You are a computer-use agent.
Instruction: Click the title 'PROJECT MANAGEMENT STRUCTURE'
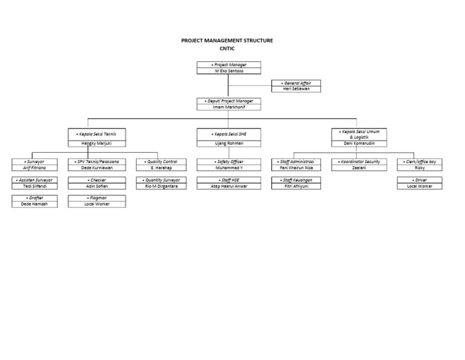click(x=227, y=41)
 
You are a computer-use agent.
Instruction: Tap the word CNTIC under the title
click(x=227, y=48)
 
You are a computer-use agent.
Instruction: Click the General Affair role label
click(x=296, y=83)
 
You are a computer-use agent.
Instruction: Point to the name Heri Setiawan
click(x=296, y=89)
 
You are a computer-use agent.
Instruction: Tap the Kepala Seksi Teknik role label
click(x=97, y=133)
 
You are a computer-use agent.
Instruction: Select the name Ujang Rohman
click(x=228, y=144)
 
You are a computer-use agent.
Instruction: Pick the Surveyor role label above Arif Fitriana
click(x=34, y=162)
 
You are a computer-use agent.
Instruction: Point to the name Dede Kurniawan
click(x=97, y=168)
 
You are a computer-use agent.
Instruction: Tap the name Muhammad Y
click(x=228, y=168)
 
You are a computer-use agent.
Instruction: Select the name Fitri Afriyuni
click(x=296, y=186)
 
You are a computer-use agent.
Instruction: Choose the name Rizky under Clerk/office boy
click(x=420, y=168)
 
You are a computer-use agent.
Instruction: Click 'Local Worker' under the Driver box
click(x=420, y=186)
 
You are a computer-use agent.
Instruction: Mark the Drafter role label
click(x=34, y=198)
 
